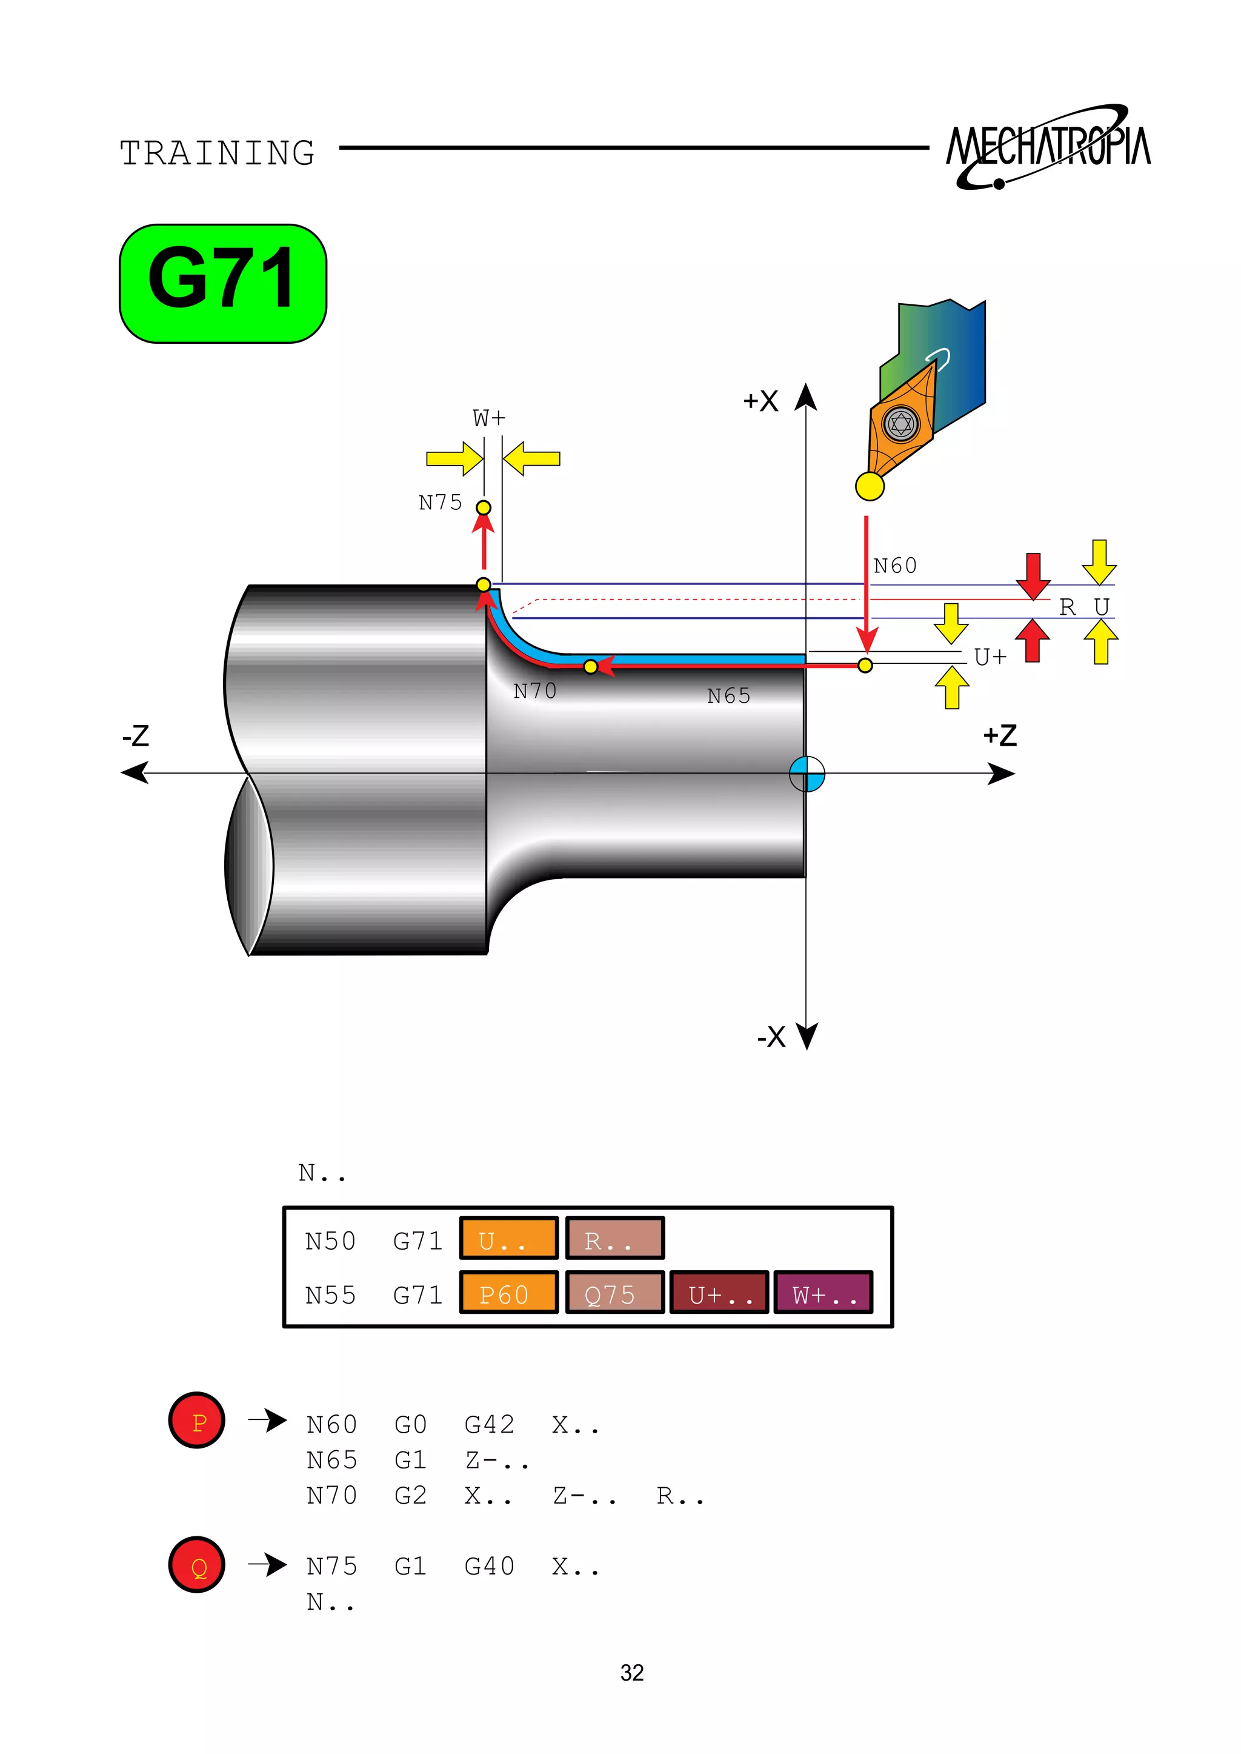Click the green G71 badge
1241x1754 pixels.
click(x=222, y=284)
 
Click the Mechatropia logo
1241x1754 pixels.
click(x=1048, y=147)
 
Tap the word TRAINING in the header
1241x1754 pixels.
click(x=217, y=153)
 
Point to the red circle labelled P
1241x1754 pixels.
click(x=197, y=1421)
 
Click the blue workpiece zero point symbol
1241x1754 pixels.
click(x=807, y=775)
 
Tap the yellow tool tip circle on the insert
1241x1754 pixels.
click(x=870, y=486)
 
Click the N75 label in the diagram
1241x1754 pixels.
click(x=440, y=503)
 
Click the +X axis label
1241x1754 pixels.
click(x=760, y=401)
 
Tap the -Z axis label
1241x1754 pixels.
click(x=136, y=736)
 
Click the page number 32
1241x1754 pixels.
click(x=631, y=1672)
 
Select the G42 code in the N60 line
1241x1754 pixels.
click(x=489, y=1424)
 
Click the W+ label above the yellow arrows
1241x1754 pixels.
click(x=489, y=419)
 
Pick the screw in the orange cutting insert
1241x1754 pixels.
click(x=902, y=424)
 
